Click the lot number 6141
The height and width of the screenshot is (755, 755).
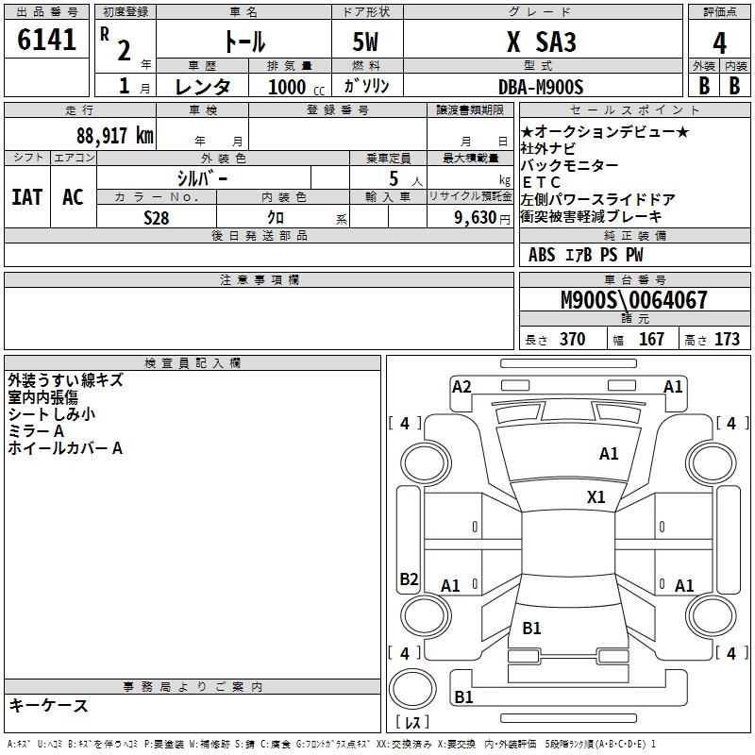[46, 42]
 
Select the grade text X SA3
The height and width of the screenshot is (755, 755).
[541, 42]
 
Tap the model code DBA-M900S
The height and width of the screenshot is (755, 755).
[541, 86]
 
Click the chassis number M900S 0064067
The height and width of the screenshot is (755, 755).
[633, 300]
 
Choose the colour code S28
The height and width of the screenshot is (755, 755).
[157, 217]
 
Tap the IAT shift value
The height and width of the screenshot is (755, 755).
[26, 196]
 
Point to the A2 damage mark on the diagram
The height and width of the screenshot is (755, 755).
[461, 386]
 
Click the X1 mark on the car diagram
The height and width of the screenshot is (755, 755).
[596, 496]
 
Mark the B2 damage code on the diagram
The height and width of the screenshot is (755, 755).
[409, 579]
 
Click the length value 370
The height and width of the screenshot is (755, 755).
[572, 339]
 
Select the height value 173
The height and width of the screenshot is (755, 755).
[727, 339]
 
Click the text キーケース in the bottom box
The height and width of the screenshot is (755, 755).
[48, 706]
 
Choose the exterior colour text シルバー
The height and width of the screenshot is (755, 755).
[202, 177]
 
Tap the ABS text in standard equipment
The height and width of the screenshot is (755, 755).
[542, 255]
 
